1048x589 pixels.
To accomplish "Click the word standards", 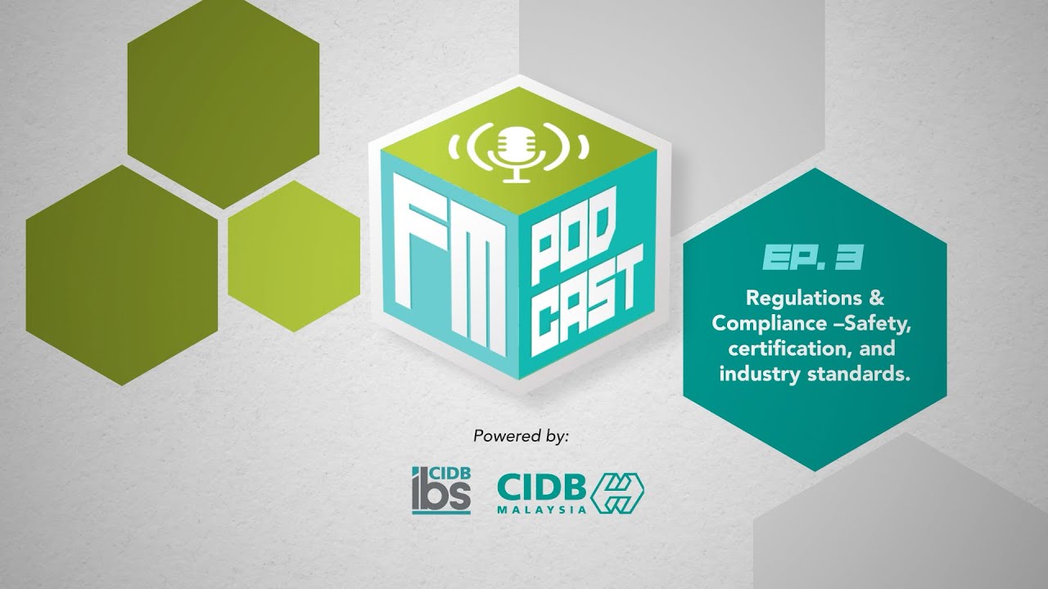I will [849, 374].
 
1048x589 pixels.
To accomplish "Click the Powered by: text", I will [521, 436].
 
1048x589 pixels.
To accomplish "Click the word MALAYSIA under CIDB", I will [542, 508].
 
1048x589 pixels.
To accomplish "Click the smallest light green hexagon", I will [294, 245].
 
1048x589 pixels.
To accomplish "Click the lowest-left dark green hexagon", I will [122, 275].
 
